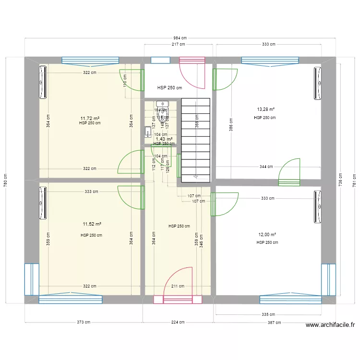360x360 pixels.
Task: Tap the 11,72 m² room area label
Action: click(x=90, y=118)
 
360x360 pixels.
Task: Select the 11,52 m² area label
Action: click(x=91, y=224)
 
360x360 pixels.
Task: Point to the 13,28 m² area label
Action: click(x=265, y=109)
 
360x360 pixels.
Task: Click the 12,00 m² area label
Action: click(x=267, y=235)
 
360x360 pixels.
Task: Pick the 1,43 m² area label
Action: click(x=164, y=139)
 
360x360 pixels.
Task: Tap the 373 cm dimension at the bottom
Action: click(x=84, y=322)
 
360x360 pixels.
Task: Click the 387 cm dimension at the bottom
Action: click(x=275, y=322)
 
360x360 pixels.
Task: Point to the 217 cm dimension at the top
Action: click(x=179, y=44)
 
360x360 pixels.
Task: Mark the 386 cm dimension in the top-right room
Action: click(x=231, y=125)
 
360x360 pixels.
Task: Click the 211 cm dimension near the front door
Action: click(x=178, y=287)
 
